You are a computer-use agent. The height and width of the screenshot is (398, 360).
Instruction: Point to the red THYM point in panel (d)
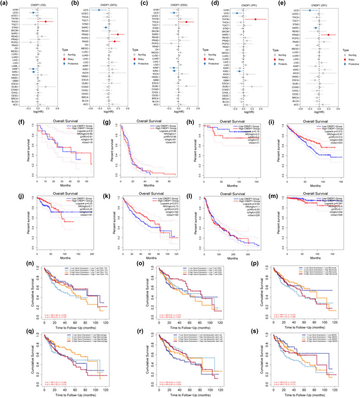click(256, 19)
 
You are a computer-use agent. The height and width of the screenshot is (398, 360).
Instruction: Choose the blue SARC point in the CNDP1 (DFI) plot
click(315, 28)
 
